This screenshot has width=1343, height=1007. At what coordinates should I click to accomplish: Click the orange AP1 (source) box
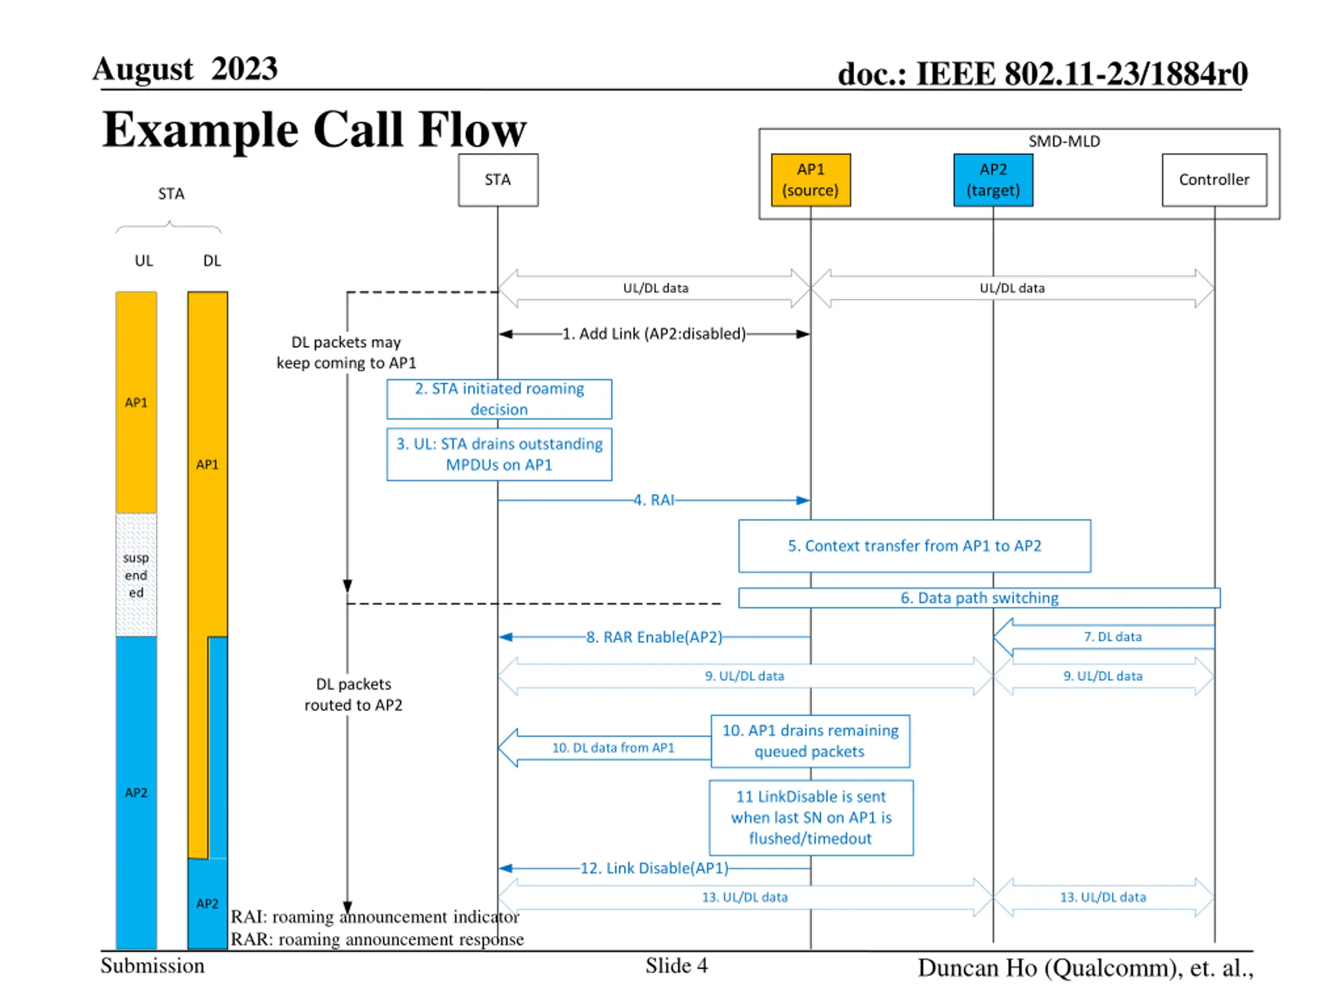pos(811,180)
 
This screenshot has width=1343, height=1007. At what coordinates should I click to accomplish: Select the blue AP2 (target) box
pos(993,180)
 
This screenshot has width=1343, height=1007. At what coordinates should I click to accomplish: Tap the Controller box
pos(1214,180)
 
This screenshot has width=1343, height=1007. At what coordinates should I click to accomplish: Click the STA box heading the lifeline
pos(498,180)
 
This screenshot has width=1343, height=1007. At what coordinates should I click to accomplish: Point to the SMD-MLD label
pos(1064,142)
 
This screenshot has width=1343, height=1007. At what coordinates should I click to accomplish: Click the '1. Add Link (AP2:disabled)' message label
pos(654,334)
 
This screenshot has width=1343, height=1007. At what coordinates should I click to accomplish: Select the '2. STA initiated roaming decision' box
pos(499,399)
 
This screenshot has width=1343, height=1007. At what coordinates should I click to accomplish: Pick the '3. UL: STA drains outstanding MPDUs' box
pos(499,454)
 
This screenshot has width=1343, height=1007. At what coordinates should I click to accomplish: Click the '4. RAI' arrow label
pos(654,500)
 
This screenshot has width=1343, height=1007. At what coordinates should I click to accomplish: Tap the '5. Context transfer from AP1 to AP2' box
pos(914,545)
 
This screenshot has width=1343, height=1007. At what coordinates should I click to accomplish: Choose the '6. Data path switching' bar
pos(979,598)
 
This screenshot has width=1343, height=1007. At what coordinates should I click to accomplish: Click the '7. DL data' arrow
pos(1104,637)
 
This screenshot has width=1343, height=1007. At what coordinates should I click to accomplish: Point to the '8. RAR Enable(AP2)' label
pos(654,637)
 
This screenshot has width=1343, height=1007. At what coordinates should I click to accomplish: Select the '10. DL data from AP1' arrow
pos(605,748)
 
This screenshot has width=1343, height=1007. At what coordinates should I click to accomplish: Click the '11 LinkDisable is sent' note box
pos(811,818)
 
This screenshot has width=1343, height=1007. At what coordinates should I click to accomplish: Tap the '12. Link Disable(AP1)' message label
pos(654,868)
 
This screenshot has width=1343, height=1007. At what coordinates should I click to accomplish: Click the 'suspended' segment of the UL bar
pos(136,575)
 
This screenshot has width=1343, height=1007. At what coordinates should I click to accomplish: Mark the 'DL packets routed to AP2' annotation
pos(354,694)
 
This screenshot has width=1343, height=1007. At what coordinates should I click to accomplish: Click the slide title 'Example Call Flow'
pos(314,130)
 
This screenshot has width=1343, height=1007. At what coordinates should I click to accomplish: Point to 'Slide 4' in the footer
pos(676,965)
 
